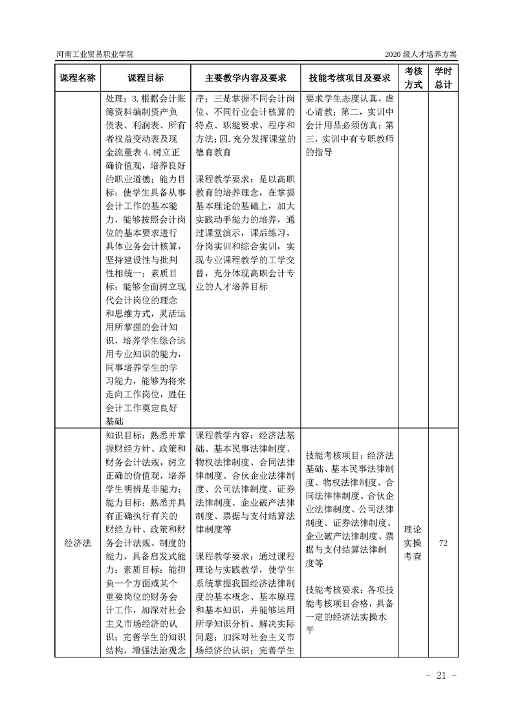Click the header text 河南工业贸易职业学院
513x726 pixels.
click(94, 54)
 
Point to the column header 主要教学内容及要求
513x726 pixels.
click(246, 78)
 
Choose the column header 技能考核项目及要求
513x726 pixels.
click(349, 78)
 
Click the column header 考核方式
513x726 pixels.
click(413, 78)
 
